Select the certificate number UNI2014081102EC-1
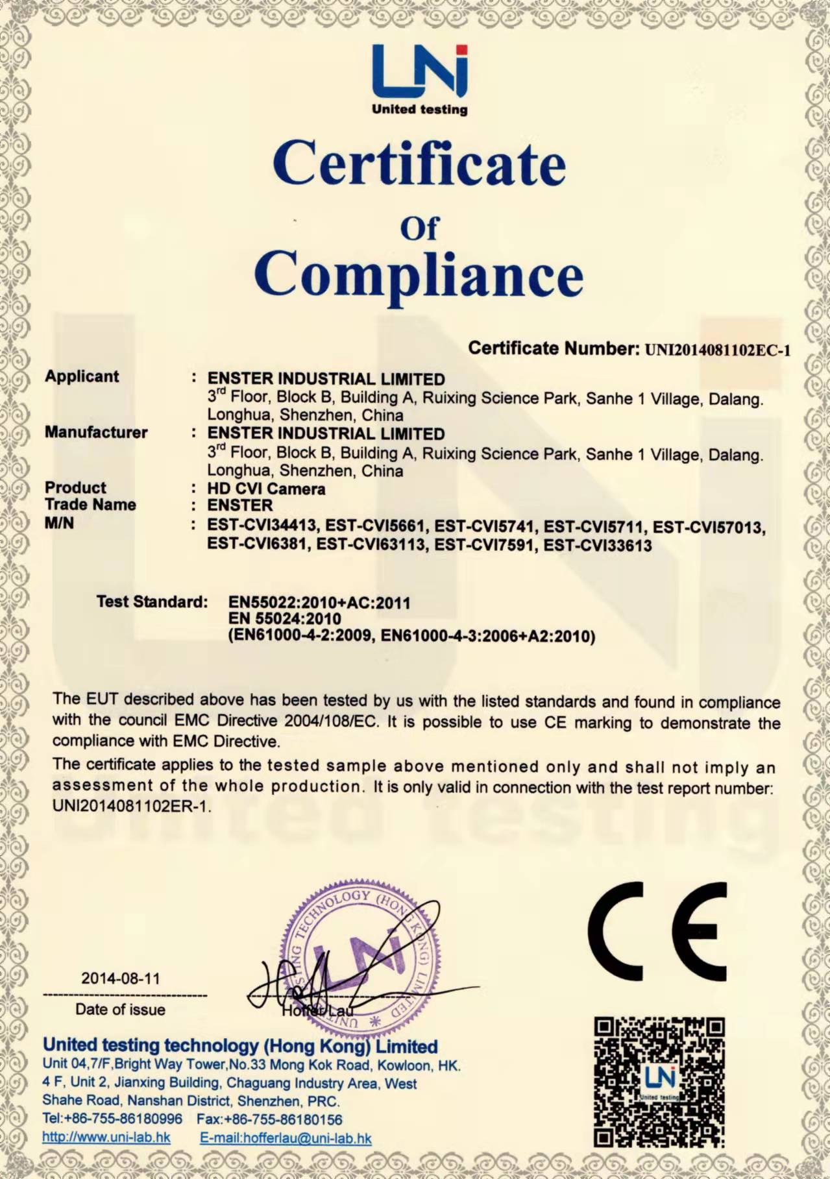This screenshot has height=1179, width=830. point(717,350)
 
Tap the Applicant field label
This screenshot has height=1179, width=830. point(82,376)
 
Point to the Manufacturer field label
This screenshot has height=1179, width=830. point(96,432)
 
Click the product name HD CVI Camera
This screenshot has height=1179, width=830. point(266,489)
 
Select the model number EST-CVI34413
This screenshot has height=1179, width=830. point(262,525)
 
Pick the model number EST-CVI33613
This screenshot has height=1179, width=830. point(597,545)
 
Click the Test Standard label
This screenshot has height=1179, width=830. point(152,602)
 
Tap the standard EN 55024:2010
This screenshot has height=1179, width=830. point(284,618)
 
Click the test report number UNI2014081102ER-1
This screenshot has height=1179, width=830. point(132,806)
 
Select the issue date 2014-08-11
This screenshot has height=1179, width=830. point(120,978)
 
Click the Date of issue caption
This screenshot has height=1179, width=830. point(120,1009)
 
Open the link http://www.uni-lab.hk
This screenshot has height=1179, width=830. point(106,1137)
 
